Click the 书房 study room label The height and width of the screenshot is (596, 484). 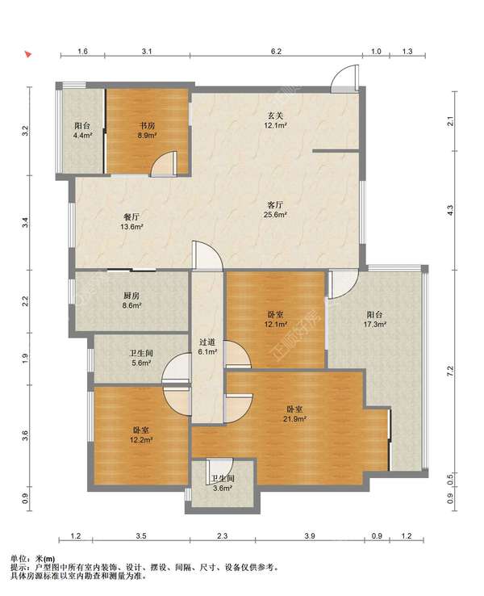pyautogui.click(x=147, y=125)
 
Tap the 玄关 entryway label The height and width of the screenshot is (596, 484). pyautogui.click(x=275, y=115)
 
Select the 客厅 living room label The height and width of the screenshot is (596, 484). pyautogui.click(x=275, y=205)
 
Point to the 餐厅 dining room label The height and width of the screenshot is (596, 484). pyautogui.click(x=131, y=217)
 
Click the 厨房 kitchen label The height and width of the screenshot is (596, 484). pyautogui.click(x=131, y=296)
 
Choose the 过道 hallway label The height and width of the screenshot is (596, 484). pyautogui.click(x=207, y=342)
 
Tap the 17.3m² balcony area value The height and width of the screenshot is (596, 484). pyautogui.click(x=374, y=324)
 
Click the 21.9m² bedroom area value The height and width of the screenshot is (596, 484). pyautogui.click(x=294, y=419)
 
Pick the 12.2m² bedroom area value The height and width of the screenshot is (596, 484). pyautogui.click(x=141, y=440)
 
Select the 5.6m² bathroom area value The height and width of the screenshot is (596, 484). pyautogui.click(x=141, y=363)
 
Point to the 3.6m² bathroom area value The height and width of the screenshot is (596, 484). pyautogui.click(x=223, y=489)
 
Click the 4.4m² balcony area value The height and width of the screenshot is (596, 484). pyautogui.click(x=82, y=135)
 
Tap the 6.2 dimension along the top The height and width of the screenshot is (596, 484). pyautogui.click(x=276, y=51)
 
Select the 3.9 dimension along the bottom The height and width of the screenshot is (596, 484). pyautogui.click(x=310, y=536)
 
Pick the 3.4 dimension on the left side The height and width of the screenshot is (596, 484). pyautogui.click(x=25, y=222)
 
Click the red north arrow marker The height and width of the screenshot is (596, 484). pyautogui.click(x=28, y=54)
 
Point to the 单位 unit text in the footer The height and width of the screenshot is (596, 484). pyautogui.click(x=18, y=559)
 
